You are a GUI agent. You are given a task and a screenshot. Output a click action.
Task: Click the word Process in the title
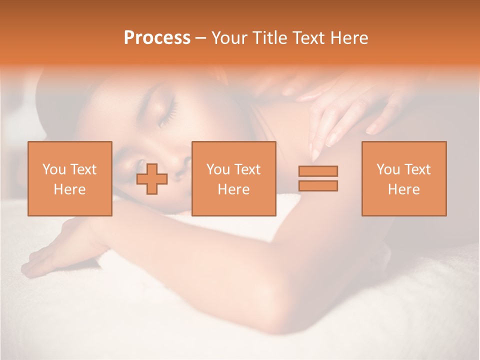point(157,38)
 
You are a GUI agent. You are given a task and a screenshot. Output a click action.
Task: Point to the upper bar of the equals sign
point(318,171)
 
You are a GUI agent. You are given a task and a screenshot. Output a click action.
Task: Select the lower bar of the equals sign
point(318,186)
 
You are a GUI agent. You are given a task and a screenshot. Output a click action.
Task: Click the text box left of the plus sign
point(70,178)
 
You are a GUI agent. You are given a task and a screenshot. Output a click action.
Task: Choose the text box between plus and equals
point(233,178)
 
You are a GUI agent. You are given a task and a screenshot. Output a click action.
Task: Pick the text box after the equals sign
point(403,178)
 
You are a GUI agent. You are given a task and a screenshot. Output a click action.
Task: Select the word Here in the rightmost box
point(403,189)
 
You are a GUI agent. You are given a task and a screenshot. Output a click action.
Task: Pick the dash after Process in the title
point(200,38)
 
